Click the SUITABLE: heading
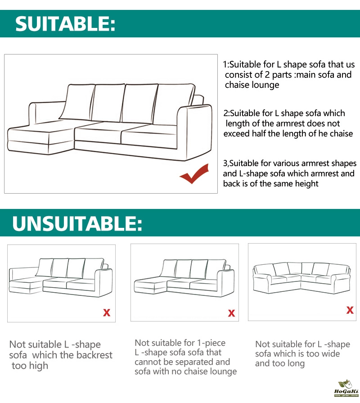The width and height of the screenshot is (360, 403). click(65, 24)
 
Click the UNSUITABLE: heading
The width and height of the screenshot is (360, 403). click(77, 223)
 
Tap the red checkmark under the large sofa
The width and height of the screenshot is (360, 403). click(194, 174)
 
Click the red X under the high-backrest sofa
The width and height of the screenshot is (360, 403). click(107, 312)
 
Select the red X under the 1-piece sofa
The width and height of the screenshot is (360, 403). click(231, 313)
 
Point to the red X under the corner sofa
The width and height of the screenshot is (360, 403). click(350, 310)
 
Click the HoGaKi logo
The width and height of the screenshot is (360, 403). click(346, 388)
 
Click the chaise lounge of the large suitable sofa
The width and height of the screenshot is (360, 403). click(41, 137)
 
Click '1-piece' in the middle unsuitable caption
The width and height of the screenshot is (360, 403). click(211, 343)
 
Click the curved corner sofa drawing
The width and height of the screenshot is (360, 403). click(302, 278)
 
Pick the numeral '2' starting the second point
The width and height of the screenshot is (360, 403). click(225, 113)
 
